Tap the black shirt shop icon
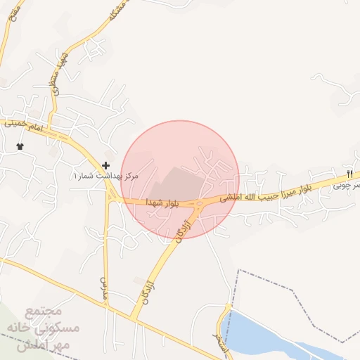coord(20,146)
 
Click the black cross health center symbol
coord(105,166)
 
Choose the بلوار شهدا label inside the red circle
coord(162,202)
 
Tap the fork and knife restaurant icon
coord(349,174)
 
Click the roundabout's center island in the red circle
coord(199,205)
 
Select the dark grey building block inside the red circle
coord(176,183)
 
